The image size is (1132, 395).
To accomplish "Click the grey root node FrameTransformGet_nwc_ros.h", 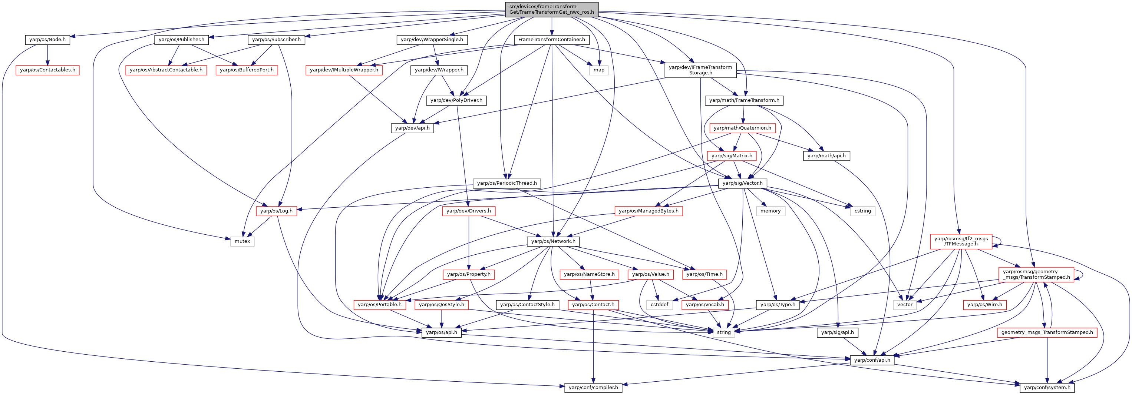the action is (551, 9).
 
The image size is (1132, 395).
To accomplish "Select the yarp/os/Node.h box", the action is (47, 40).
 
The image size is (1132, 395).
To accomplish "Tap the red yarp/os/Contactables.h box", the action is (47, 70).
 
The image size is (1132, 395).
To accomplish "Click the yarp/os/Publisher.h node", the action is (181, 40).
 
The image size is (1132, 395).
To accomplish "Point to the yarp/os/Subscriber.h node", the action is (276, 40).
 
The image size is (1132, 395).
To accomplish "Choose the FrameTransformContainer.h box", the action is (551, 40).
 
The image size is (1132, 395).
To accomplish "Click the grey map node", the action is (599, 70).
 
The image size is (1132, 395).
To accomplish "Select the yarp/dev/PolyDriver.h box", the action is (456, 100).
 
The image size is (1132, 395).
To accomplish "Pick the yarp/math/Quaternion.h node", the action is (742, 128).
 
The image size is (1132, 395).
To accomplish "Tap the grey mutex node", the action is (242, 241).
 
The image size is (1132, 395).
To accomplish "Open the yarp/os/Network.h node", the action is (553, 241).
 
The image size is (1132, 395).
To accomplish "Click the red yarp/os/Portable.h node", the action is (380, 305).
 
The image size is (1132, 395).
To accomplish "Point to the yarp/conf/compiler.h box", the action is (593, 388).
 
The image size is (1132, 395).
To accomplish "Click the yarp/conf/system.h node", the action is (1047, 388).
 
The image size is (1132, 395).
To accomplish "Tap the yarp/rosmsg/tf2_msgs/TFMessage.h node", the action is (961, 241).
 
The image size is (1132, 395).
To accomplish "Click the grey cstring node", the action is (862, 211).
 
